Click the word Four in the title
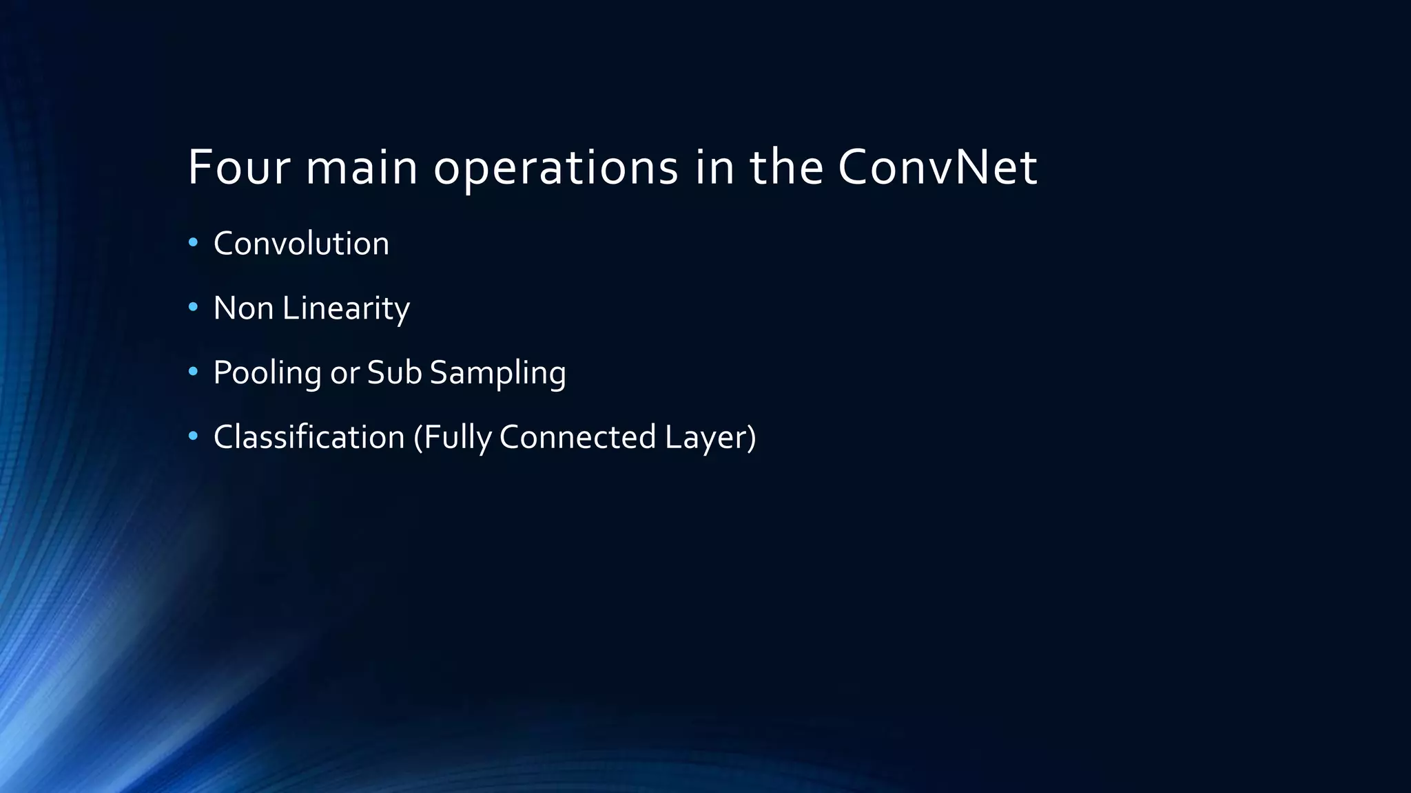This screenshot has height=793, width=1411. click(x=238, y=167)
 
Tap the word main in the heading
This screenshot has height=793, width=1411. click(x=362, y=167)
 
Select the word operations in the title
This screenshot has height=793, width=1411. click(x=556, y=169)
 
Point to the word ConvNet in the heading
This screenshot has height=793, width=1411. click(x=937, y=167)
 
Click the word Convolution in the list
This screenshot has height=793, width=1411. click(x=301, y=244)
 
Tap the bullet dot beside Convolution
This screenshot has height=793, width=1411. click(x=193, y=242)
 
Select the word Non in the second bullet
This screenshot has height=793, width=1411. click(x=243, y=308)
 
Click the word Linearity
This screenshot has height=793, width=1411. click(x=346, y=308)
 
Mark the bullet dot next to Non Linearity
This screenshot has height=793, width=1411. click(x=193, y=307)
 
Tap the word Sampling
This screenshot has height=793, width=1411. click(x=497, y=373)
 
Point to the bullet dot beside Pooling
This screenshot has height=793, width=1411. click(x=193, y=372)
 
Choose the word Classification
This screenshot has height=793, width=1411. click(x=309, y=437)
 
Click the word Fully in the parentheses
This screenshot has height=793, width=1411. click(x=455, y=438)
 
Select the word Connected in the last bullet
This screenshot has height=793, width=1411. click(x=577, y=437)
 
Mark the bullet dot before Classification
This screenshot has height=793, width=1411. click(x=193, y=436)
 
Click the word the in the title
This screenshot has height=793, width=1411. click(x=786, y=167)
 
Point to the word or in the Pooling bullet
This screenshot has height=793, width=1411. click(x=344, y=373)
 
